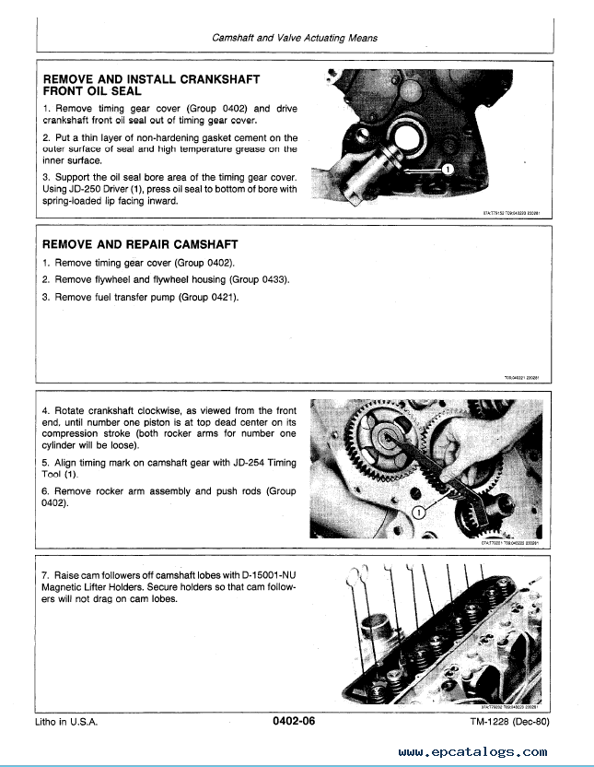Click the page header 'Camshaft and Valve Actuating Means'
(x=295, y=39)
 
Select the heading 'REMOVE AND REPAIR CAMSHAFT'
(x=141, y=244)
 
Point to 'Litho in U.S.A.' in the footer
(x=65, y=723)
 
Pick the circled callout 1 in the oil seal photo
(x=447, y=171)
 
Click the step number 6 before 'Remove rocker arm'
(x=46, y=491)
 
